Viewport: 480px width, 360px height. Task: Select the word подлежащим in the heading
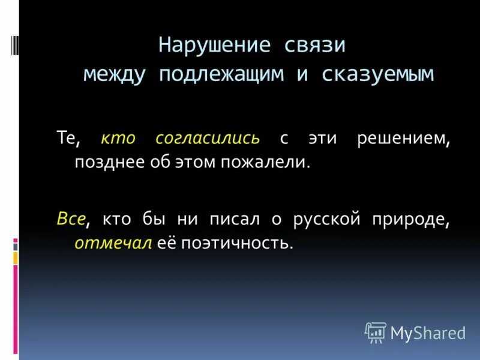point(227,74)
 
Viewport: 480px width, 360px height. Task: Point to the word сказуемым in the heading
point(377,74)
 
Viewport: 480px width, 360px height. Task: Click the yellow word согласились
point(208,139)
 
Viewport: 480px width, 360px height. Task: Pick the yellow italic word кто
point(119,139)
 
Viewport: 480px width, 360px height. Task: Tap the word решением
point(403,139)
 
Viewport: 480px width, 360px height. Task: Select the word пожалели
point(275,163)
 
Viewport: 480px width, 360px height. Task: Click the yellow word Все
point(70,220)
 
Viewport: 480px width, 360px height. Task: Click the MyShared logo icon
point(376,332)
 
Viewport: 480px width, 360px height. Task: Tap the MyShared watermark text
point(428,332)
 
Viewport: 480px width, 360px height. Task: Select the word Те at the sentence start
point(65,139)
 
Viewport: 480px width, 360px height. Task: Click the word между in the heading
point(118,74)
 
